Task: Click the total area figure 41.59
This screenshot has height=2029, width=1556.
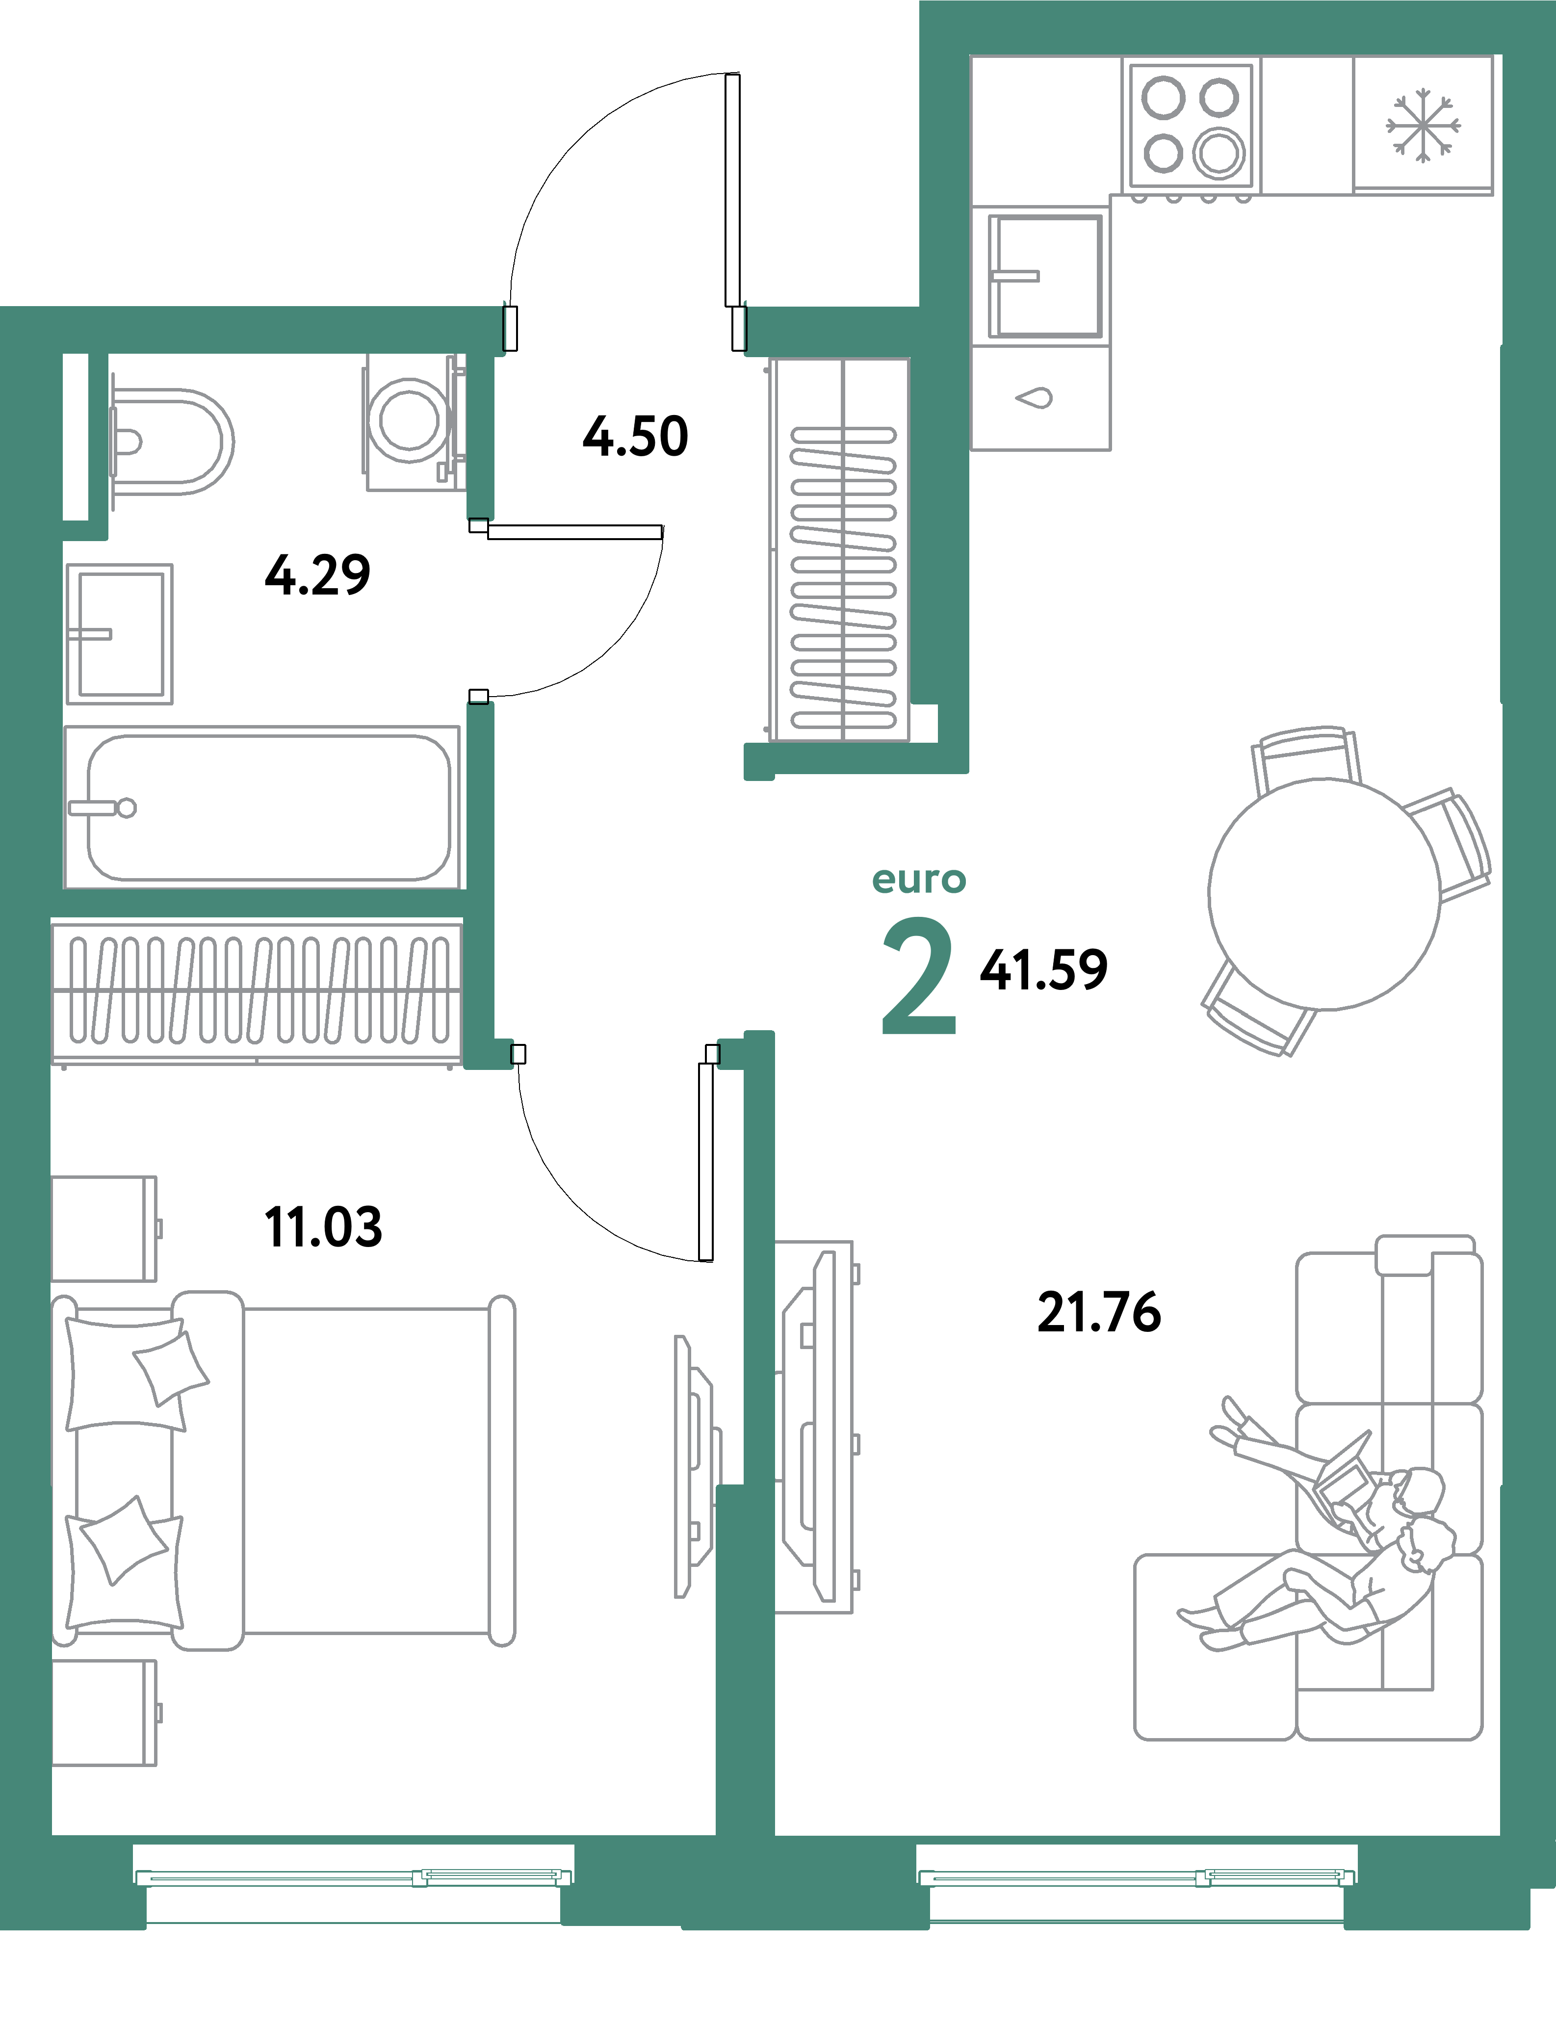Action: (1044, 969)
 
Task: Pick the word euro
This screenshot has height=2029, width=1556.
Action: (919, 880)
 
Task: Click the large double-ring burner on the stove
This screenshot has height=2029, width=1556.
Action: (1219, 153)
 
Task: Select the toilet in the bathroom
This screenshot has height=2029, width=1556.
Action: (171, 441)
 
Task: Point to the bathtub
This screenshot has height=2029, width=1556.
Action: (269, 806)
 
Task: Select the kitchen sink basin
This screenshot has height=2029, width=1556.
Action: (1046, 276)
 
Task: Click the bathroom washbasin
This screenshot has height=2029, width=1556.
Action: (120, 633)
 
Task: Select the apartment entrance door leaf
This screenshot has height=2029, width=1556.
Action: (732, 190)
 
